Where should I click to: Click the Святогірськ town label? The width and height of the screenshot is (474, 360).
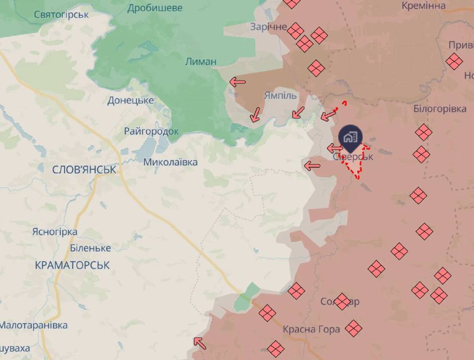(x=62, y=14)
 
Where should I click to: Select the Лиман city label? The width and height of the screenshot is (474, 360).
(x=201, y=61)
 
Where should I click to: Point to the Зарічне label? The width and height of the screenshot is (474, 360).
(x=268, y=27)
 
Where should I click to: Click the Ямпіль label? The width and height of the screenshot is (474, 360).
(x=281, y=96)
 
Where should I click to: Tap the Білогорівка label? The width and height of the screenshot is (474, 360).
(x=439, y=108)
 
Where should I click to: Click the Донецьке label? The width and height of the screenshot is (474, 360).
(x=131, y=101)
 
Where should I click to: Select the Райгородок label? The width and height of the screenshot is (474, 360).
(x=151, y=131)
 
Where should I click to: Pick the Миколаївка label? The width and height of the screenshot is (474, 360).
(x=171, y=162)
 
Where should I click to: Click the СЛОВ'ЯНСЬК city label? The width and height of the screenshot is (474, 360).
(x=84, y=170)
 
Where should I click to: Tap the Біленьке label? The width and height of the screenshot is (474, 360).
(x=90, y=247)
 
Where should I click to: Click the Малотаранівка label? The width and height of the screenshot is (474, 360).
(x=33, y=325)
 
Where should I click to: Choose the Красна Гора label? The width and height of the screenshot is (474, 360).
(x=311, y=329)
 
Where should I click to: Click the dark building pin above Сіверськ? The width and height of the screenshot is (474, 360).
(x=350, y=137)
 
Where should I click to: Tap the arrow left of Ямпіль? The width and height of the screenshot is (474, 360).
(x=255, y=114)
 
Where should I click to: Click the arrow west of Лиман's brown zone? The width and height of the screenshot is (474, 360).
(x=238, y=82)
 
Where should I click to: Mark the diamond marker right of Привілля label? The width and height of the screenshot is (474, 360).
(x=454, y=62)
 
